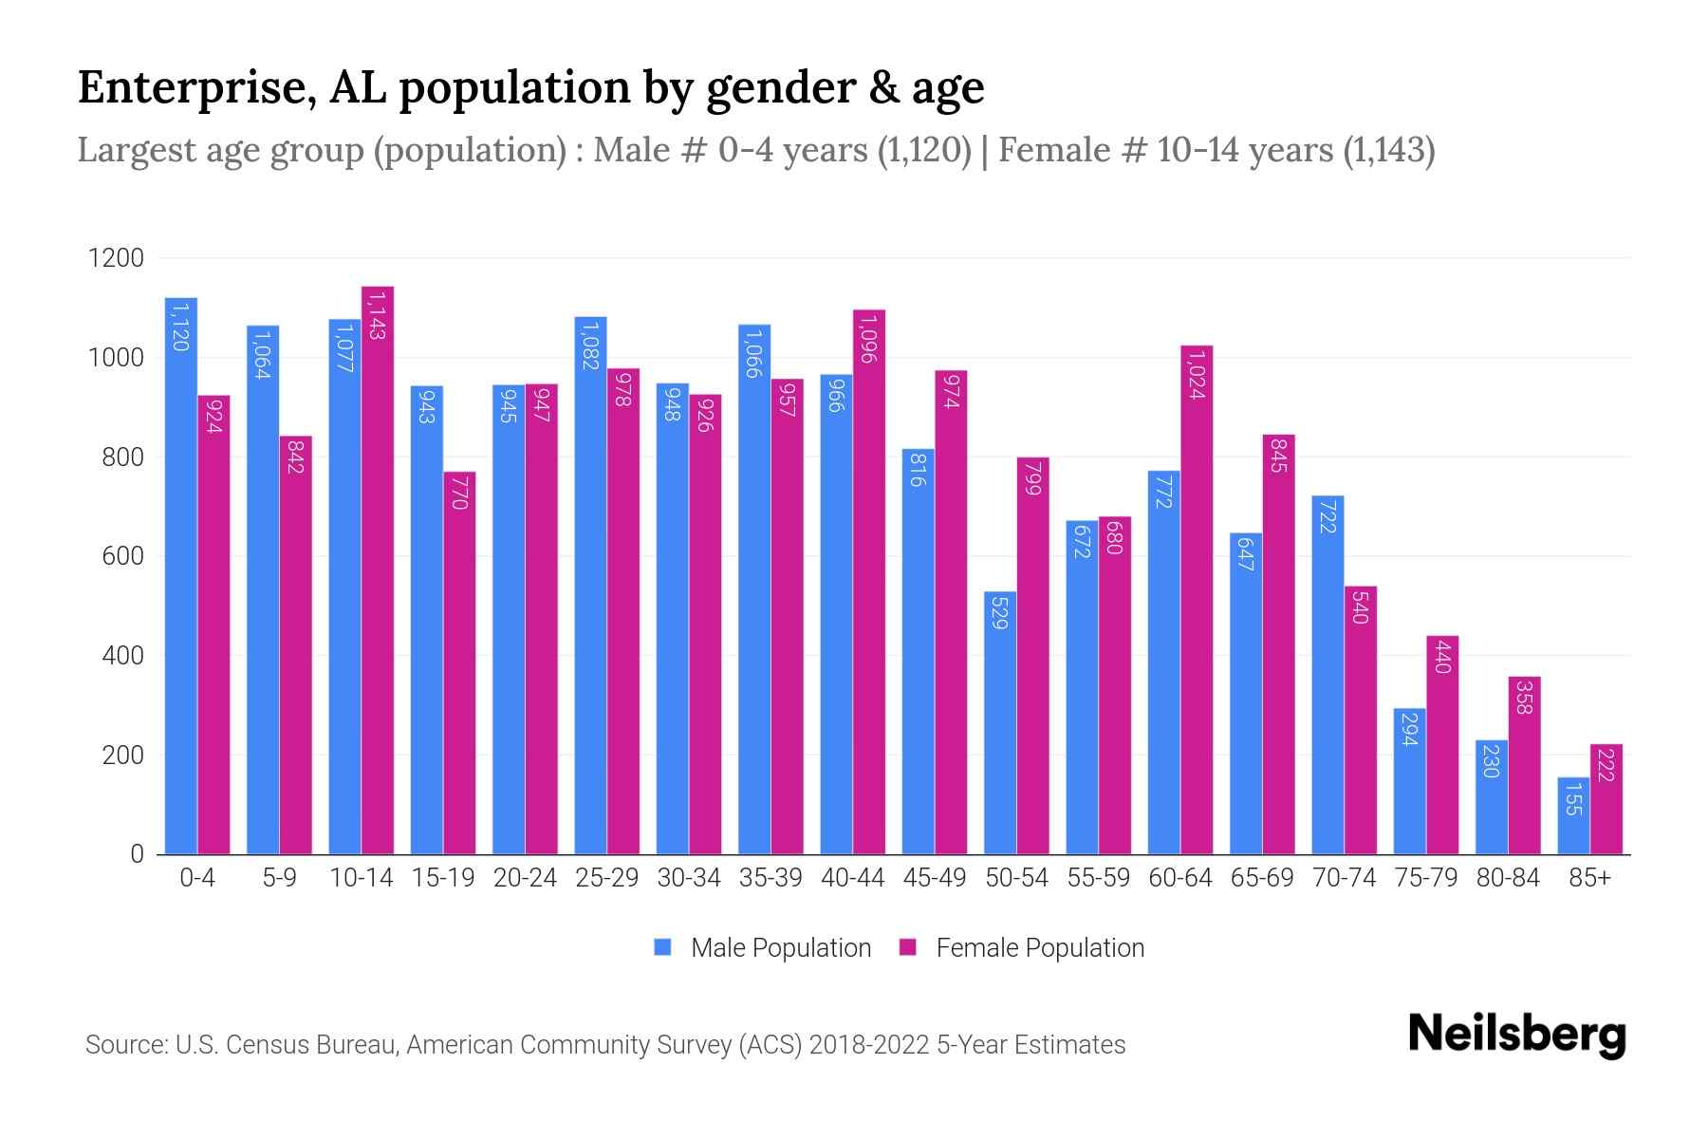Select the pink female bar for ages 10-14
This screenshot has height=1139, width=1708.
(378, 569)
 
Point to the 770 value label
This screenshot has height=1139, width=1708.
(459, 494)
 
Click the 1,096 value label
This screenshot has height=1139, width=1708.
(868, 339)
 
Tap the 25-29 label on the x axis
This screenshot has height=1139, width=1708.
(606, 879)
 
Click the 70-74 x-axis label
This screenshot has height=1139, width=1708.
(1344, 879)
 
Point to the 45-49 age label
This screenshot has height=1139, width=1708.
(934, 879)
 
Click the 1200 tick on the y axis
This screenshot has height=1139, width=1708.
(116, 258)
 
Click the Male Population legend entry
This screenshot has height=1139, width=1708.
(780, 948)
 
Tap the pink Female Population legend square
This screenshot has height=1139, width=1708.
(908, 947)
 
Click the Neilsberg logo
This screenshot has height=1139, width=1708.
(1516, 1035)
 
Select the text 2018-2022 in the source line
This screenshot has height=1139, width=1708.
(869, 1045)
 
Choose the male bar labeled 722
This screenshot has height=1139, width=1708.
(1327, 675)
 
